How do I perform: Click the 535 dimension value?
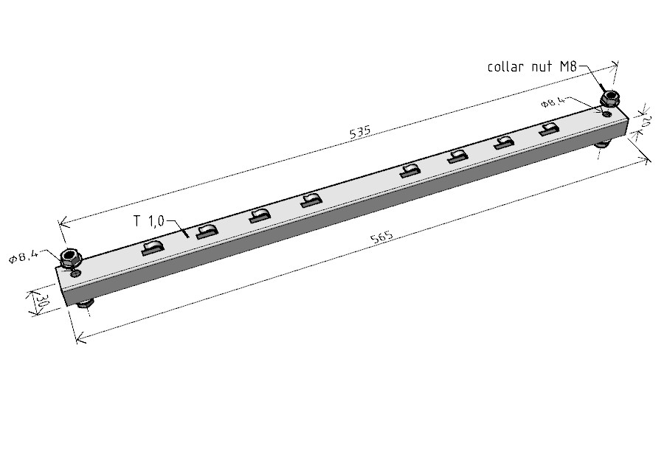(x=360, y=132)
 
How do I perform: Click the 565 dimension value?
(x=381, y=237)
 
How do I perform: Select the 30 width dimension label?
(x=41, y=301)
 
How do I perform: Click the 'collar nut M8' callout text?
(x=532, y=67)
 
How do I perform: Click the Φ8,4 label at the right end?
(x=553, y=102)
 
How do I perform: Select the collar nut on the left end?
(x=69, y=259)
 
